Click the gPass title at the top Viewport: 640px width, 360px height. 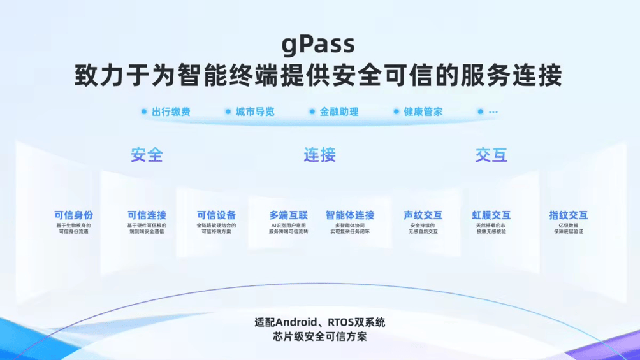(319, 44)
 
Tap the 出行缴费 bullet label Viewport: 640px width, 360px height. (171, 112)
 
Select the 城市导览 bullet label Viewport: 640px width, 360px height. (255, 112)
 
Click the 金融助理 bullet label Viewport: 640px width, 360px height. (339, 112)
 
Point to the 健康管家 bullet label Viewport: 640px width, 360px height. (423, 112)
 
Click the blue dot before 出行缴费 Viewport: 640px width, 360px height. (144, 112)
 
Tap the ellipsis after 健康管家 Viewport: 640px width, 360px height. (493, 112)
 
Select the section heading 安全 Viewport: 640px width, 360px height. (147, 155)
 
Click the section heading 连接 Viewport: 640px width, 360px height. (319, 155)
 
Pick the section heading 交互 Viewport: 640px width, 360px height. (491, 155)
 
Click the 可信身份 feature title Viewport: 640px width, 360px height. (74, 215)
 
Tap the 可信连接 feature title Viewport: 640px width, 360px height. (147, 215)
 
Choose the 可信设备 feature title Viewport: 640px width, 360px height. (216, 215)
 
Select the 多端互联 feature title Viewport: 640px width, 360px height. (288, 215)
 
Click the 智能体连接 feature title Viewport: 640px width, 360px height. (350, 215)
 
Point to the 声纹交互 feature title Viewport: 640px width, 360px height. (423, 215)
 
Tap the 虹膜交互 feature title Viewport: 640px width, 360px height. (491, 215)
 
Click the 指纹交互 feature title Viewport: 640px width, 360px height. (569, 215)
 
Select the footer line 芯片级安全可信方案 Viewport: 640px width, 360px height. (319, 336)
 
